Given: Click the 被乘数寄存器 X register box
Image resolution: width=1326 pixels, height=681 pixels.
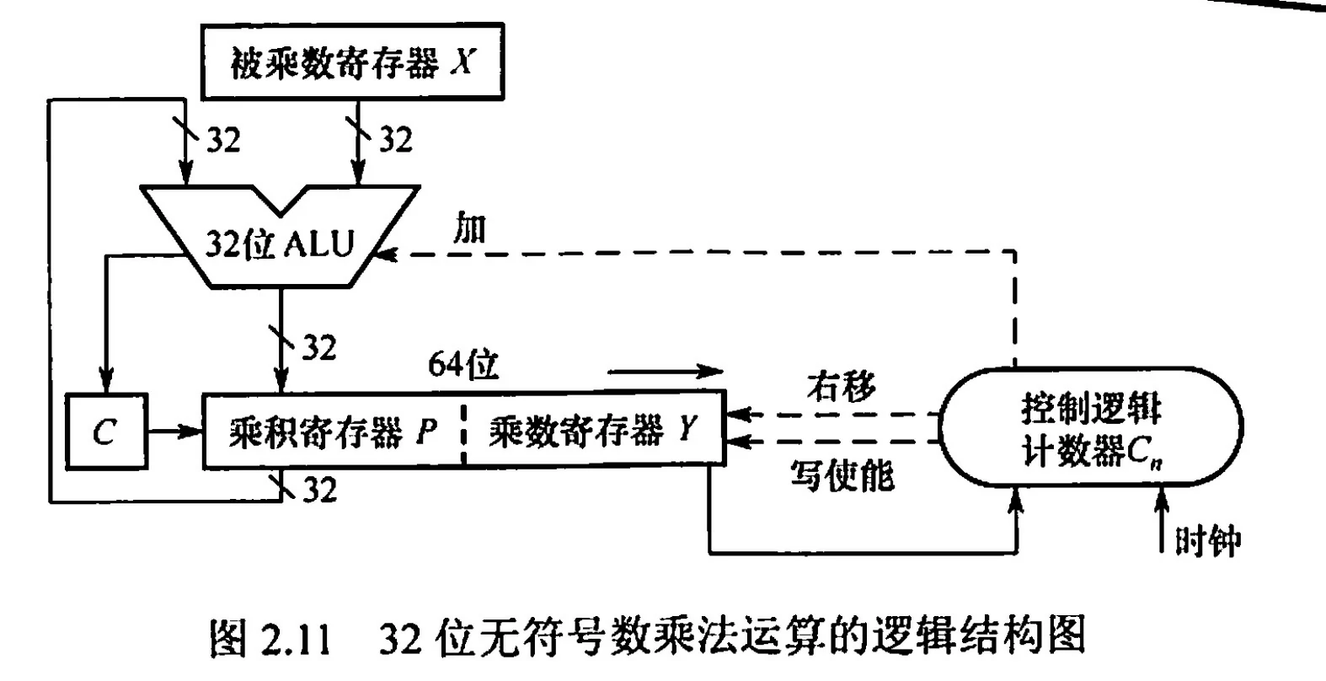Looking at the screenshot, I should [x=351, y=62].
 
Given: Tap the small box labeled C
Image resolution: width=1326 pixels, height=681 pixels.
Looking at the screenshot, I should [x=104, y=432].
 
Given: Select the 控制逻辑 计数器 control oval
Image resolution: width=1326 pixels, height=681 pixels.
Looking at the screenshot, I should [x=1090, y=427].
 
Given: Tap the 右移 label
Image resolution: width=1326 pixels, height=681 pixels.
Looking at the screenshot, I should [x=841, y=386].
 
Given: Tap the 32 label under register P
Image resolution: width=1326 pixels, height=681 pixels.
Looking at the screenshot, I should [x=318, y=490].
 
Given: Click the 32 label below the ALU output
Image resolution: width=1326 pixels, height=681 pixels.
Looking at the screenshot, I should [x=318, y=347].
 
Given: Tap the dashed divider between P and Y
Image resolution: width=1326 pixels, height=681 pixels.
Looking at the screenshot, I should [x=462, y=432].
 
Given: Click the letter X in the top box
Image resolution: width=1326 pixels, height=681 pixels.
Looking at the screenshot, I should [x=462, y=62].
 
